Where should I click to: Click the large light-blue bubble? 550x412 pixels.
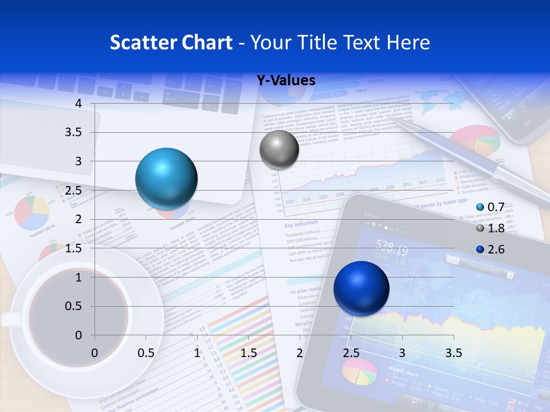click(x=167, y=179)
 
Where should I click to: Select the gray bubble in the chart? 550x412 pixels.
click(x=279, y=149)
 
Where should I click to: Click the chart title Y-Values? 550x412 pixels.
click(x=286, y=80)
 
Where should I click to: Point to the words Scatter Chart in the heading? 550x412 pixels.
click(x=171, y=42)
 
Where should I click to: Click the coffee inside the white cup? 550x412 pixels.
click(x=78, y=312)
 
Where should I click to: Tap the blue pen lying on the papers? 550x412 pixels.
click(x=470, y=157)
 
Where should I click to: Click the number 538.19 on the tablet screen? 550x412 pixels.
click(x=392, y=250)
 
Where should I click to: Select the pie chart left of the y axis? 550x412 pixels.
click(x=32, y=212)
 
